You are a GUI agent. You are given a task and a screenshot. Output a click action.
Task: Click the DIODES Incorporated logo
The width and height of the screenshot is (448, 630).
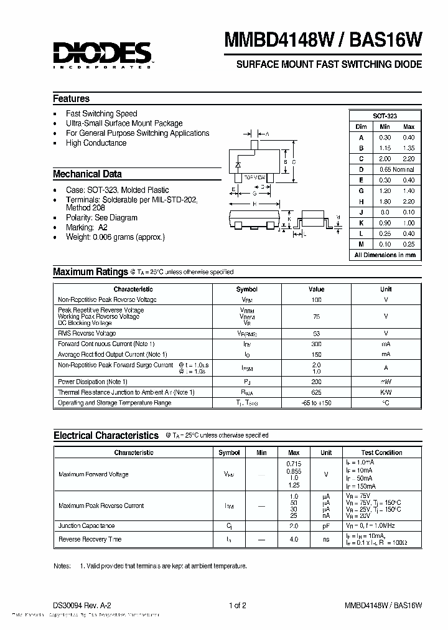103,54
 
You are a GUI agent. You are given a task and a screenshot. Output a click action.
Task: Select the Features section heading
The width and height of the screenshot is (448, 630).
71,98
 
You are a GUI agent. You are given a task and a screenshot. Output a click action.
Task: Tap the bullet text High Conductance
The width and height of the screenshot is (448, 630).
96,143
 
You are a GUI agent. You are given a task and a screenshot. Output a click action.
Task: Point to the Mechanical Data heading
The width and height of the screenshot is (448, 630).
87,174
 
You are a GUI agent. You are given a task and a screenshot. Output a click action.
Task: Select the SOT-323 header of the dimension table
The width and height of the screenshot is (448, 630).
385,116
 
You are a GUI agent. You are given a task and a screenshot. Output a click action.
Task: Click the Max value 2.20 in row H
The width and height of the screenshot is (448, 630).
408,202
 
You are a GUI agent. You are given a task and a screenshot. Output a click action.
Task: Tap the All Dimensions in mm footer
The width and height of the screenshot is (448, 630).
385,255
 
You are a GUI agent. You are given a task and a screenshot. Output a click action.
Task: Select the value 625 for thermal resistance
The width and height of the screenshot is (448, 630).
316,392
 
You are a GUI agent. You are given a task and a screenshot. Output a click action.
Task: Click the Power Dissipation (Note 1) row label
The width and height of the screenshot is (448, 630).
93,382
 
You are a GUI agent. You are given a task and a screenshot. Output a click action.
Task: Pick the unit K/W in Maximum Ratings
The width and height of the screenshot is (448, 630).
386,392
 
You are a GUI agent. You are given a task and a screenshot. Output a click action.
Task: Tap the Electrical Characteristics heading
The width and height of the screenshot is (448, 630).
106,436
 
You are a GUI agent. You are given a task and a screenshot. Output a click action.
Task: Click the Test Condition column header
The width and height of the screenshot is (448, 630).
381,453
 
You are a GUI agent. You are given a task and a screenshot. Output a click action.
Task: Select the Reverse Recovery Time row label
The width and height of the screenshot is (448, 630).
90,539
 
